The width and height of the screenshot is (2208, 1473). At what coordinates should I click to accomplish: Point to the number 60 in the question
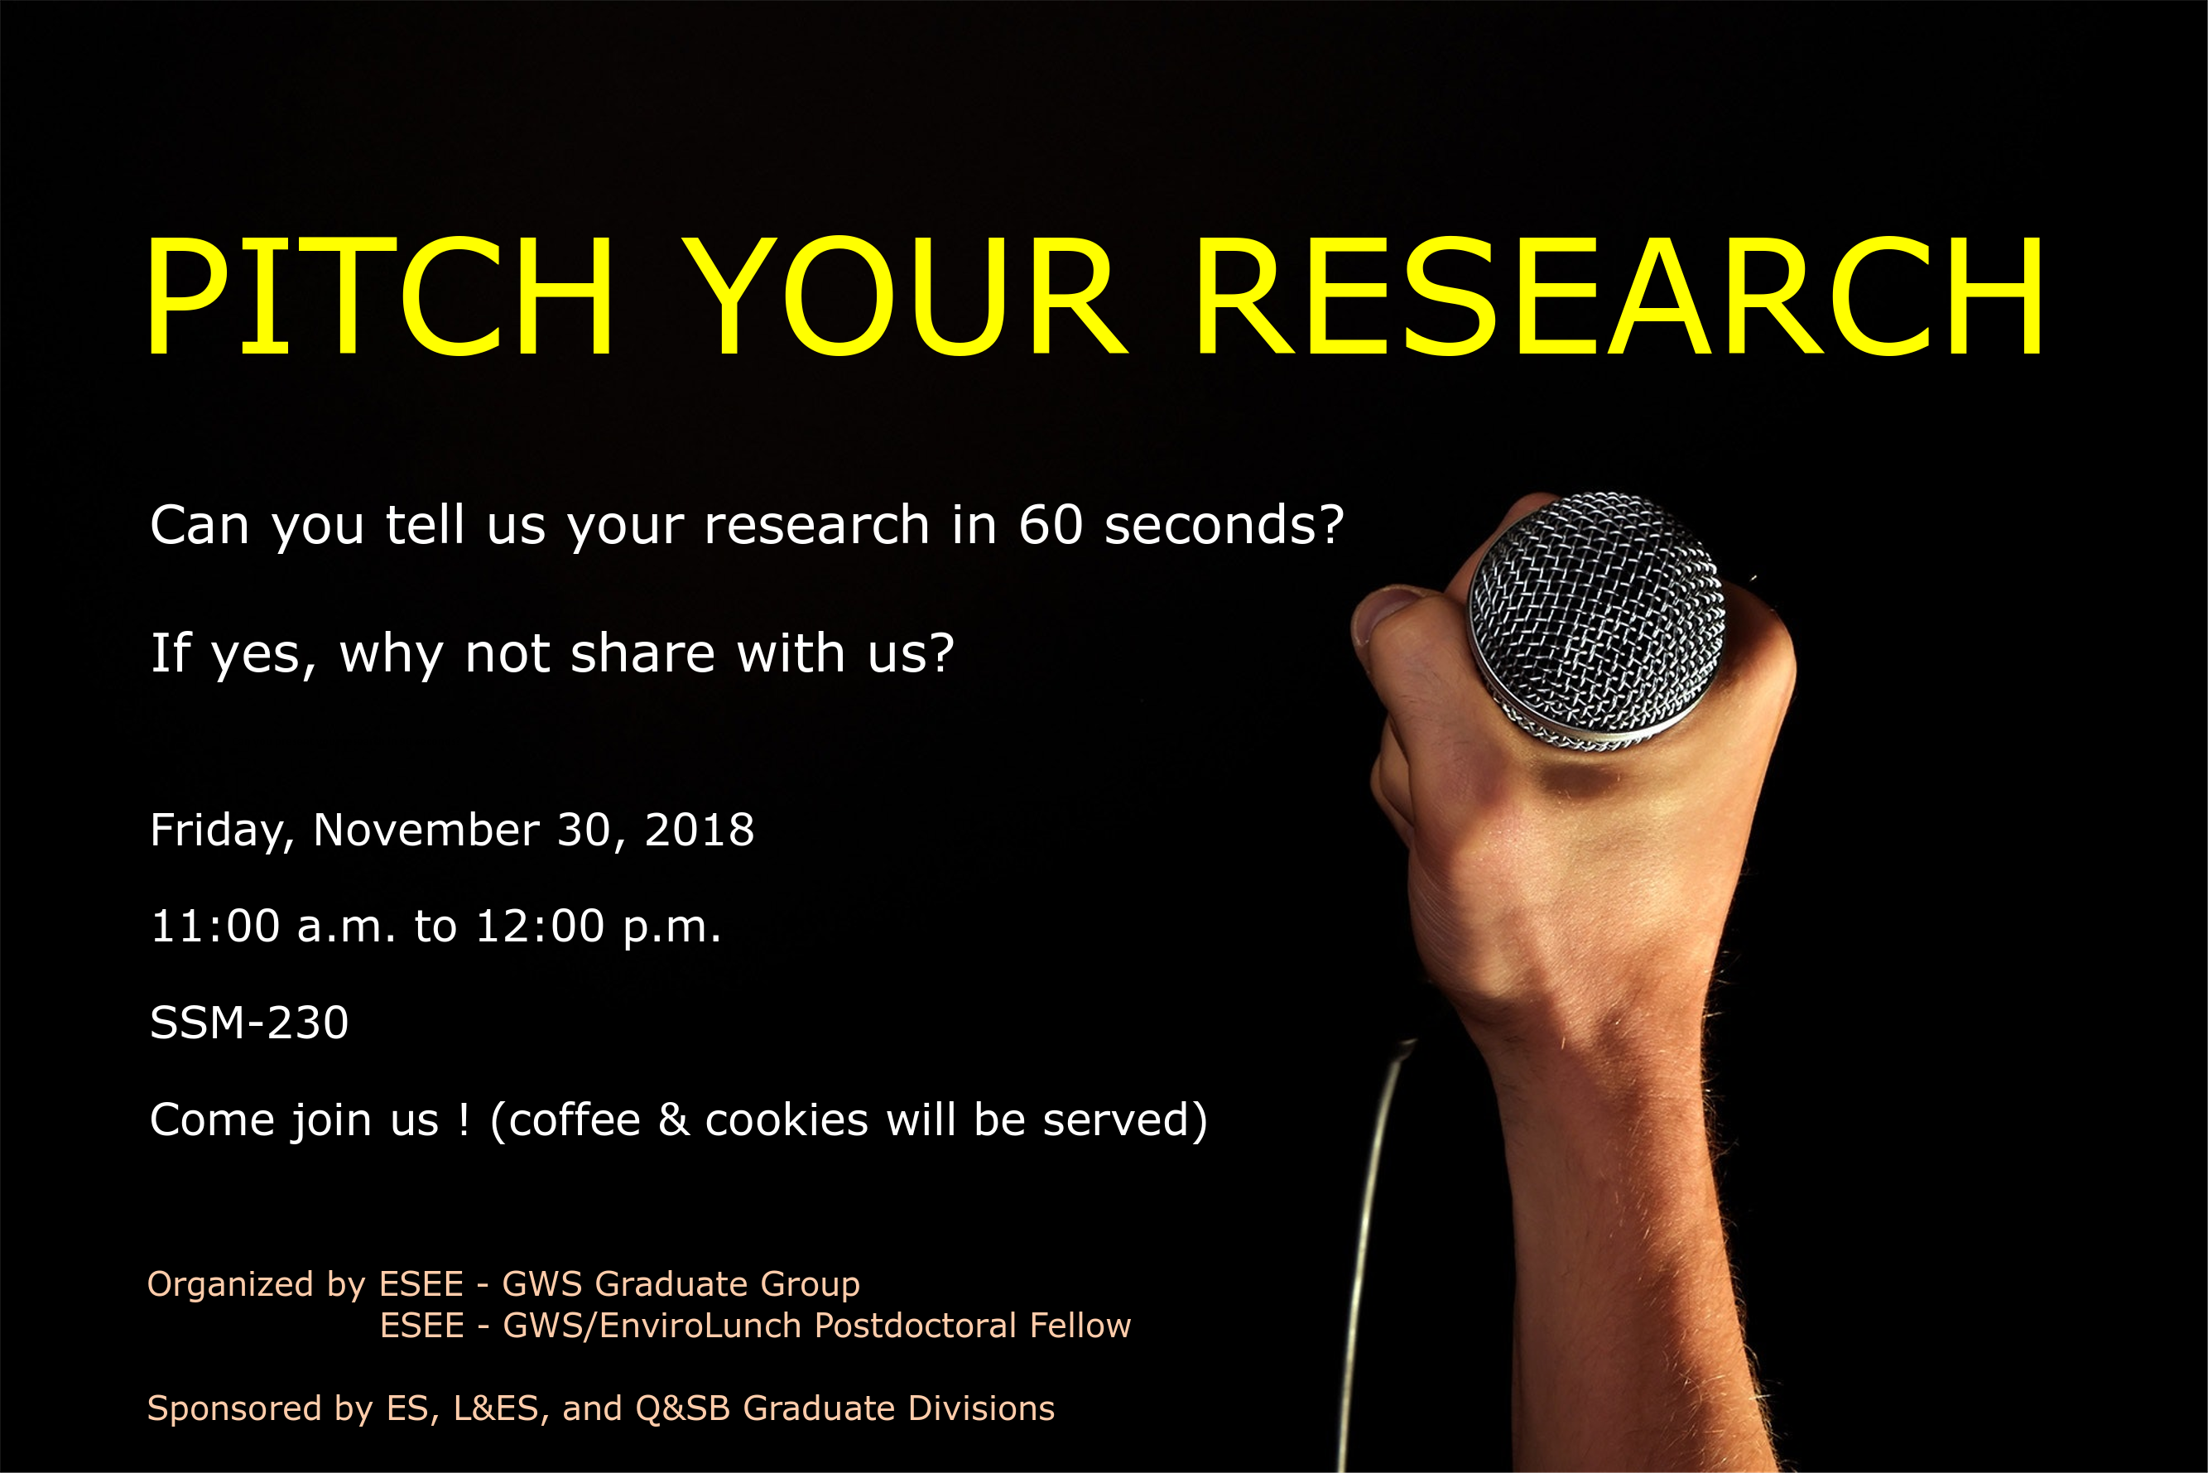coord(1051,524)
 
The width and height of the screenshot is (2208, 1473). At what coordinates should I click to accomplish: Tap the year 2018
coord(699,830)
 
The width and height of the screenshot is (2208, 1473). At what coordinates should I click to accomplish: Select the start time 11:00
coord(215,927)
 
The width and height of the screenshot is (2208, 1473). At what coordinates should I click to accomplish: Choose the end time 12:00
coord(540,927)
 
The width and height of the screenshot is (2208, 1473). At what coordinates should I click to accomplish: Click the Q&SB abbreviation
coord(683,1409)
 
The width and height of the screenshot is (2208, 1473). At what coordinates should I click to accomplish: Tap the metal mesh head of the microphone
coord(1596,620)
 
